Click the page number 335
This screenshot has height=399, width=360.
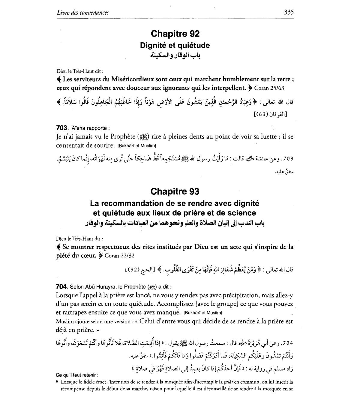pos(288,12)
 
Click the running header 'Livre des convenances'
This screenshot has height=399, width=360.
pos(82,13)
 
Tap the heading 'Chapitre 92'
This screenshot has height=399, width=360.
pos(175,34)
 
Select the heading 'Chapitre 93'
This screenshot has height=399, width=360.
pos(175,191)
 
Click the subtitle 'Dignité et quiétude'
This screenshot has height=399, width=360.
pos(175,46)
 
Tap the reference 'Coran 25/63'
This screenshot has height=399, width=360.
pos(269,88)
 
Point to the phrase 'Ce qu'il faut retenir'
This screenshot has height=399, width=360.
pos(77,375)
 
